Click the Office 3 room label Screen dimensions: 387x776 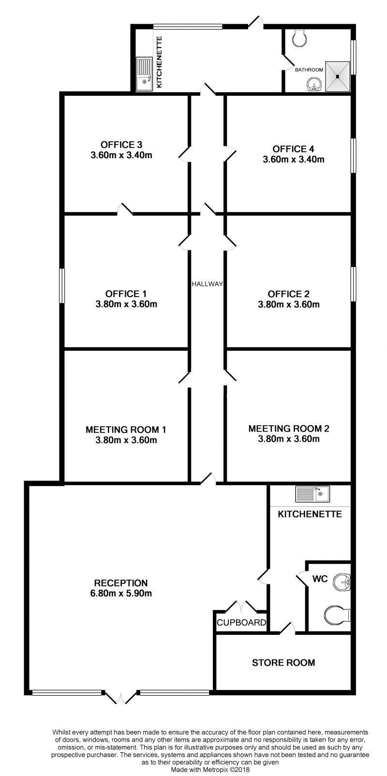point(121,145)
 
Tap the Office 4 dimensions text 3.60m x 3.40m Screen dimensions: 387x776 point(294,159)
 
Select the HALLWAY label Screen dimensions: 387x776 point(207,284)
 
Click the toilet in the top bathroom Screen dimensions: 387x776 point(299,37)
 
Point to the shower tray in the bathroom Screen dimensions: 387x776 point(338,76)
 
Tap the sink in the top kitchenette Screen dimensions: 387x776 point(144,74)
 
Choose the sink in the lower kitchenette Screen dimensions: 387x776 point(313,493)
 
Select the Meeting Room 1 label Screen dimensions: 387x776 point(126,430)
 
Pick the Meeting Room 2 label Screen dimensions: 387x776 point(289,429)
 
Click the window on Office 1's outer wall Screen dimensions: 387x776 point(61,286)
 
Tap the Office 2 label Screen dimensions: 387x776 point(289,294)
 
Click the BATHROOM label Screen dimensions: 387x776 point(309,70)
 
